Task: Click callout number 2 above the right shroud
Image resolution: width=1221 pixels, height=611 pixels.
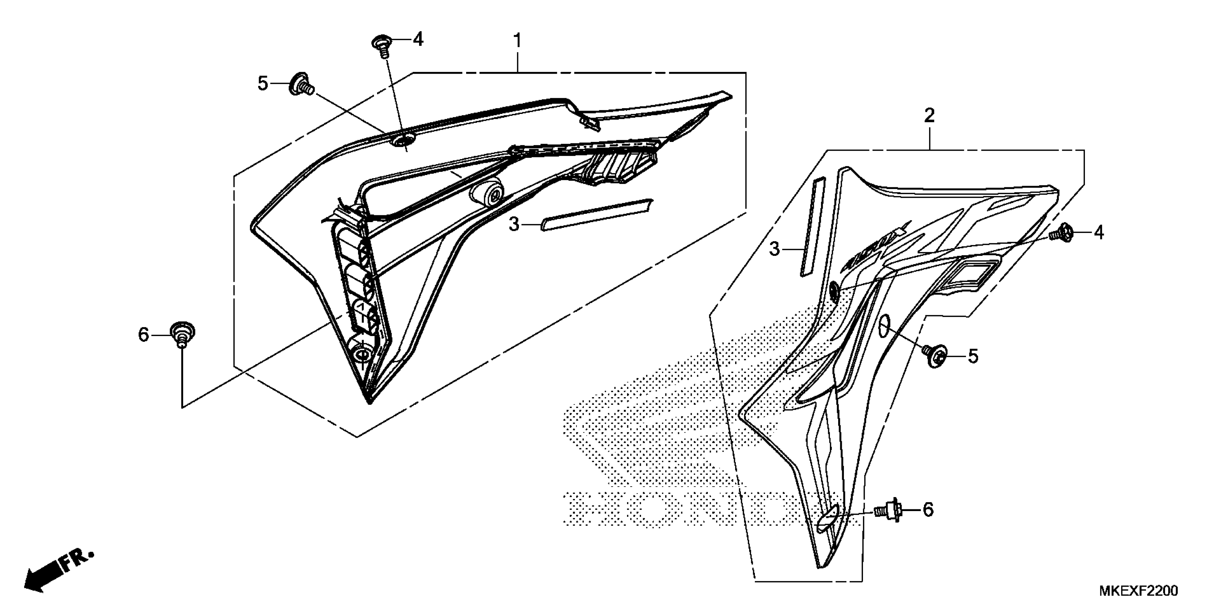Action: tap(929, 115)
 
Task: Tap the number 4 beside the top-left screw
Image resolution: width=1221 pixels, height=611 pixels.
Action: tap(418, 40)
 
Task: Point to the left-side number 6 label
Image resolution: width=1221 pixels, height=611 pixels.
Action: tap(144, 335)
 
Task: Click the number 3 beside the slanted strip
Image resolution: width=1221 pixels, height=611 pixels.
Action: tap(514, 224)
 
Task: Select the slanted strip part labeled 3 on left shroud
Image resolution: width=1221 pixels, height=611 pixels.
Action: tap(596, 215)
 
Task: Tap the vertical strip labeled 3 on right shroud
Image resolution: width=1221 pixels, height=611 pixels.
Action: tap(812, 227)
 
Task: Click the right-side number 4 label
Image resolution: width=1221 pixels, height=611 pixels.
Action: tap(1099, 233)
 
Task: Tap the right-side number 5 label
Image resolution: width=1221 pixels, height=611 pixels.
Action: tap(972, 356)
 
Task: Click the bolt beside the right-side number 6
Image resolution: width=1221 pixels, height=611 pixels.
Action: tap(887, 510)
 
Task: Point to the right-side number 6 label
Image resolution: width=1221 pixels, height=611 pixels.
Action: tap(928, 510)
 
